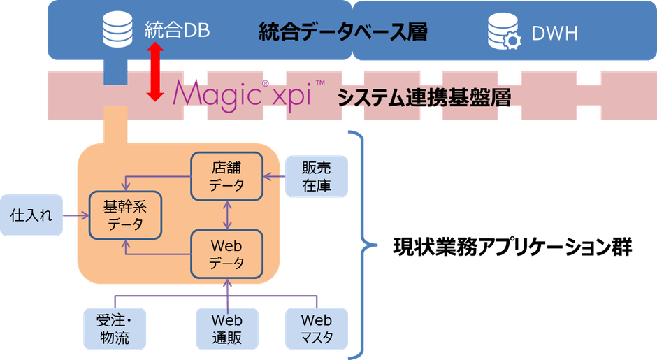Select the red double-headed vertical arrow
point(155,71)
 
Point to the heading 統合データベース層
point(342,31)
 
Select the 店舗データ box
point(226,176)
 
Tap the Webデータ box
point(226,254)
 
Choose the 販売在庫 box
point(316,176)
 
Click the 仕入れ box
point(31,215)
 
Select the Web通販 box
point(226,329)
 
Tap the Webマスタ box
point(316,329)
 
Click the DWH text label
point(554,32)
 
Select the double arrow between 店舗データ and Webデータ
point(226,215)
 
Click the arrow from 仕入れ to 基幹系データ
point(76,215)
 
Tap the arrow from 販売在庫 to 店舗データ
point(273,177)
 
